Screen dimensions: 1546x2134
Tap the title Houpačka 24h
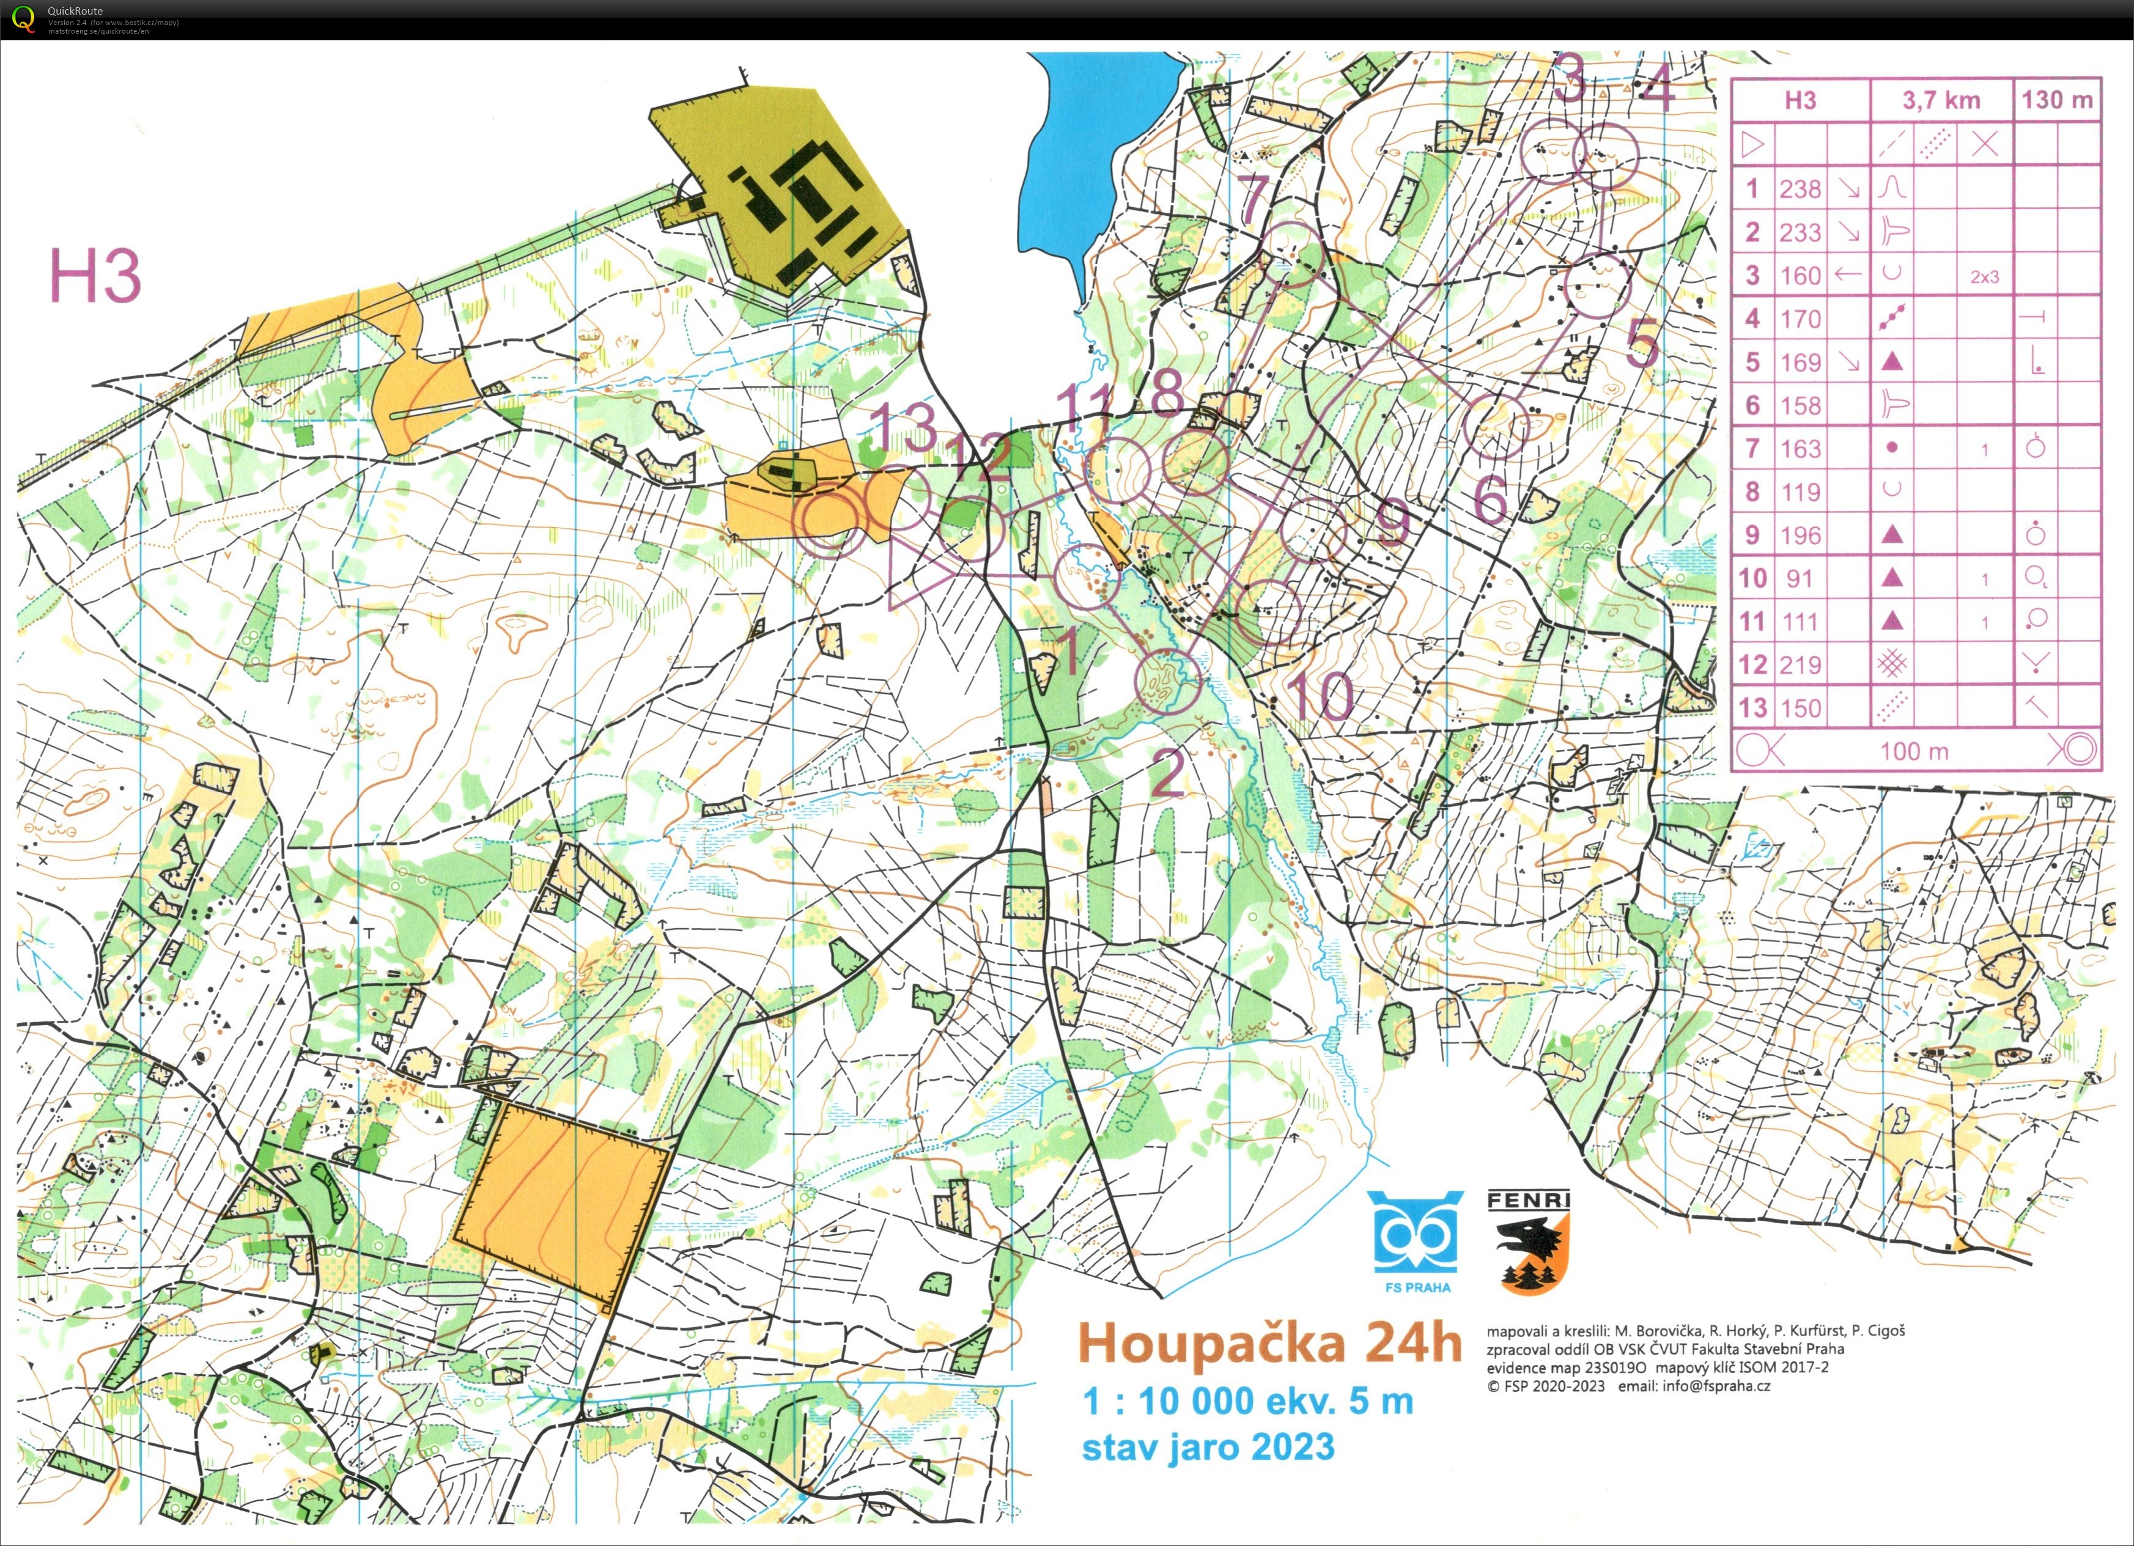pos(1268,1344)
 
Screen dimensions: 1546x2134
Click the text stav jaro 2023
pos(1207,1446)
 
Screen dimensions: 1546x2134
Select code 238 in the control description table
pos(1799,189)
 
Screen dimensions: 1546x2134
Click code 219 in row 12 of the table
pos(1799,664)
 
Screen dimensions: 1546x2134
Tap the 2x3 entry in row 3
pos(1984,277)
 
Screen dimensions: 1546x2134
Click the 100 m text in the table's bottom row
pos(1914,751)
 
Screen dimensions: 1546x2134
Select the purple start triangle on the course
pos(917,569)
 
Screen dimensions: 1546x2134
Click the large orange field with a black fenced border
pos(563,1202)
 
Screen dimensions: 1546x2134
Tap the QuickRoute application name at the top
pos(75,11)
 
